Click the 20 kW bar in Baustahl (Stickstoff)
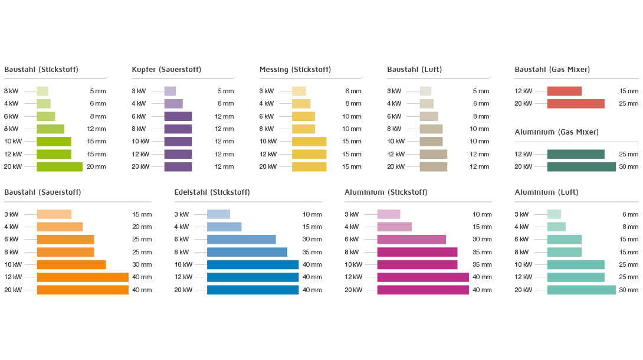coord(60,166)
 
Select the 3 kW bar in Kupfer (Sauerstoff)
coord(170,91)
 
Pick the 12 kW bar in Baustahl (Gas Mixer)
coord(564,91)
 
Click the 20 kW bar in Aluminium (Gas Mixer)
coord(581,166)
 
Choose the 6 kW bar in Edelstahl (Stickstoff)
coord(241,239)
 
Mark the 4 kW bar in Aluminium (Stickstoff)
coord(394,227)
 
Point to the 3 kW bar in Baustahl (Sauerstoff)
coord(54,214)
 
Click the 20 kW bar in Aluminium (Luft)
coord(581,290)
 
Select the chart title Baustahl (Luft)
coord(414,70)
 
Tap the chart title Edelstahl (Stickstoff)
coord(212,192)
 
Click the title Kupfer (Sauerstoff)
coord(166,70)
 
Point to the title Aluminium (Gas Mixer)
coord(556,132)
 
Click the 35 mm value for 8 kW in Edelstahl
coord(312,252)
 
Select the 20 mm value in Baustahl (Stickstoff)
coord(96,166)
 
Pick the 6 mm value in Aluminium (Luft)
coord(630,214)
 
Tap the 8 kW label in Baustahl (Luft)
coord(394,129)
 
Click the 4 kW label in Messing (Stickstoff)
coord(266,103)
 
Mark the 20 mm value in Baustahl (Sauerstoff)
coord(142,227)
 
